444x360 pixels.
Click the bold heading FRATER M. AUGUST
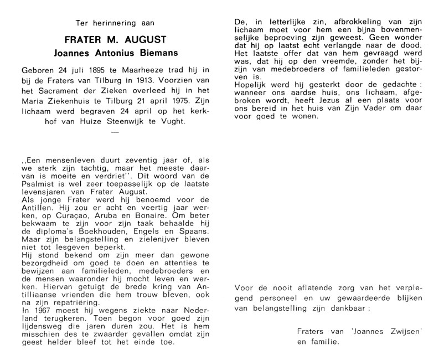point(114,41)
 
